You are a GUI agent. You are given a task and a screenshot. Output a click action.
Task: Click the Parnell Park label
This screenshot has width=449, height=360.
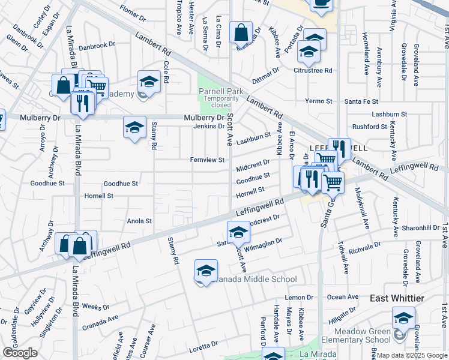[x=215, y=91]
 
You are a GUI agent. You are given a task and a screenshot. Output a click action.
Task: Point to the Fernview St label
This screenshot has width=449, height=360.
[x=207, y=160]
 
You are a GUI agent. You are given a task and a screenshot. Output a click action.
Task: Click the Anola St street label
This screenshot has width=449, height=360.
[x=140, y=221]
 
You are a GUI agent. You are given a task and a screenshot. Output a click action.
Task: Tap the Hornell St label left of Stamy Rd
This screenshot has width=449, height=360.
[x=99, y=196]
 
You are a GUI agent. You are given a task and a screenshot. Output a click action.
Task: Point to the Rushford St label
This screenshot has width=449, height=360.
[x=370, y=127]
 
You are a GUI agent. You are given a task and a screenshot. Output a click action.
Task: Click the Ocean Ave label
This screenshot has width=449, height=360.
[x=343, y=297]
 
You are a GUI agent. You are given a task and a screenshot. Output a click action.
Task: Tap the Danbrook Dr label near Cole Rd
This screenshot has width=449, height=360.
[x=97, y=45]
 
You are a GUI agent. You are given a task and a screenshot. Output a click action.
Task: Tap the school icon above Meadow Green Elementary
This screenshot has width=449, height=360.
[x=403, y=317]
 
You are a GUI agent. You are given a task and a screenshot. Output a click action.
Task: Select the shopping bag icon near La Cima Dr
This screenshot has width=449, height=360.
[x=241, y=34]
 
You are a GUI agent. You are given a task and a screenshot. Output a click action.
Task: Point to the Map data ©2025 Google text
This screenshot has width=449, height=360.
[x=412, y=355]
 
